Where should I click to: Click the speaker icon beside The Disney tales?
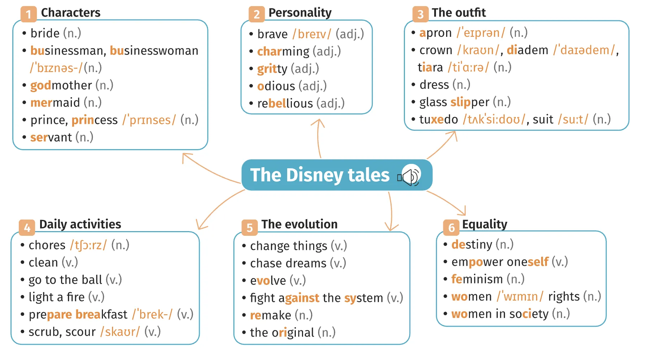[x=410, y=176]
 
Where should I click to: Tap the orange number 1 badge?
[x=28, y=14]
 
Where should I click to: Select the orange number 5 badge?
[x=249, y=227]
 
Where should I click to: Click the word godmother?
[x=61, y=86]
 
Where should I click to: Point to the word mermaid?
[x=55, y=103]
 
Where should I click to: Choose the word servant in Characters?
[x=51, y=138]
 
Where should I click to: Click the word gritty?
[x=272, y=69]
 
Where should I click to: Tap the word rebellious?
[x=285, y=104]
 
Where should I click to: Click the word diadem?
[x=527, y=50]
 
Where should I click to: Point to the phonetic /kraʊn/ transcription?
[x=478, y=50]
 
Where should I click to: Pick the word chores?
[x=47, y=245]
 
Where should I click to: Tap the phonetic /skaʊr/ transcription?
[x=120, y=332]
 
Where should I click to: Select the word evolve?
[x=268, y=281]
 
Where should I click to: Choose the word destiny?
[x=471, y=244]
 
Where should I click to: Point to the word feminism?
[x=477, y=279]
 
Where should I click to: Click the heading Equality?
[x=484, y=224]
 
